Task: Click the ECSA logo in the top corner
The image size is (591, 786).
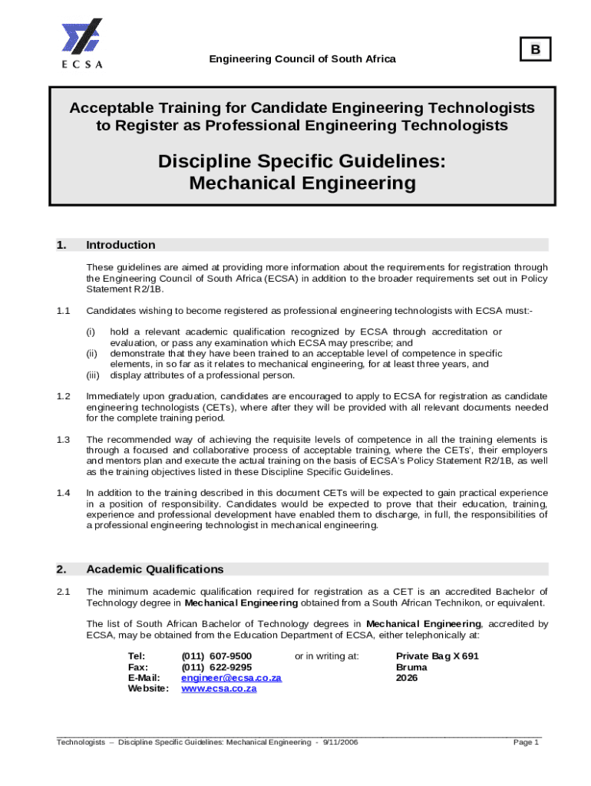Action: pos(81,43)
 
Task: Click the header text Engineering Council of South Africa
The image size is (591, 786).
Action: pos(303,59)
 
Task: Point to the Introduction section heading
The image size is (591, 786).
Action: pos(121,245)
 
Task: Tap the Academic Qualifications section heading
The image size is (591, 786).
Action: pos(155,569)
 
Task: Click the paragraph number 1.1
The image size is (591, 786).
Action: pos(63,311)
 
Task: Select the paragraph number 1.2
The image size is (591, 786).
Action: pos(63,396)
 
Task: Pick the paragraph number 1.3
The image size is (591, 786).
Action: pos(63,439)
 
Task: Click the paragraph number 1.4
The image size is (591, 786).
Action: pos(63,492)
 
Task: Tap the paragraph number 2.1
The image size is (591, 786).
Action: pos(63,591)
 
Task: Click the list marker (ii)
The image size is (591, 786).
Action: pos(91,353)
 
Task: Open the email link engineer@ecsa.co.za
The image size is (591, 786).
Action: pos(231,678)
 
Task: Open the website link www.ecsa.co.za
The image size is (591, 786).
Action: pos(219,689)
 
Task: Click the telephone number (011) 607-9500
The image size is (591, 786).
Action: pos(216,656)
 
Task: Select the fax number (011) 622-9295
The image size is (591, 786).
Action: pos(216,667)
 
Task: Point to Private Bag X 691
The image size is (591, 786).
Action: pos(437,656)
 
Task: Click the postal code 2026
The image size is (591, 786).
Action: pos(408,678)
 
